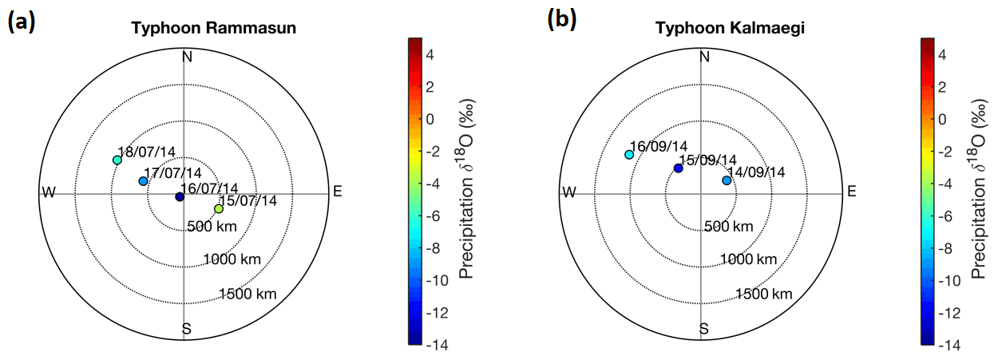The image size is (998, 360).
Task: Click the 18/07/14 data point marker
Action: point(117,160)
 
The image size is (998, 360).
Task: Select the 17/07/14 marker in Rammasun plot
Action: point(143,181)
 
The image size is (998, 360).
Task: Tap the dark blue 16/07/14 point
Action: point(180,196)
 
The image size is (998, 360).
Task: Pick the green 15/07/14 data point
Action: point(219,209)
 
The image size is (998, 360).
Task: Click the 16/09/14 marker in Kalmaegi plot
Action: point(629,154)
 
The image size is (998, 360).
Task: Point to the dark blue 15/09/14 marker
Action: point(678,168)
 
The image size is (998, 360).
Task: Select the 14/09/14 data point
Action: point(727,180)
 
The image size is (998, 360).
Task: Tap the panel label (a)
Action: point(20,22)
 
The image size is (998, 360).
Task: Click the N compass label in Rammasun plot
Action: point(188,57)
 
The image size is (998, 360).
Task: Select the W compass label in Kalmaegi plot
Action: point(568,192)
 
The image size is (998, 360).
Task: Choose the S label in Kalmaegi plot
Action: point(704,328)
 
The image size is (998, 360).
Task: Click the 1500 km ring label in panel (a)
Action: point(250,294)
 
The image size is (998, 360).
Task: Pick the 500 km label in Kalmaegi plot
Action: point(728,227)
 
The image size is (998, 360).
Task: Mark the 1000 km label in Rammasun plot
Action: point(233,259)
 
